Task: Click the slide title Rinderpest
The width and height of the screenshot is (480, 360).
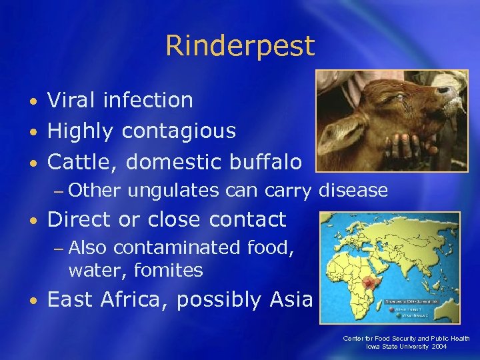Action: pyautogui.click(x=240, y=46)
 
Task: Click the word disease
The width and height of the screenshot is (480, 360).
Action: pyautogui.click(x=353, y=191)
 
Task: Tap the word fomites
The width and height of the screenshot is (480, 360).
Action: pyautogui.click(x=168, y=271)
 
